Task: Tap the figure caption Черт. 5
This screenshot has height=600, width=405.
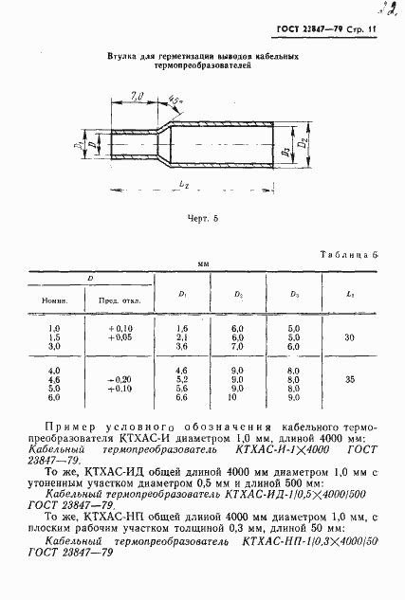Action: [202, 219]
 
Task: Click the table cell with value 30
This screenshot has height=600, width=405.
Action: [350, 336]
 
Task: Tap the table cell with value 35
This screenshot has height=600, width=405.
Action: [350, 378]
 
